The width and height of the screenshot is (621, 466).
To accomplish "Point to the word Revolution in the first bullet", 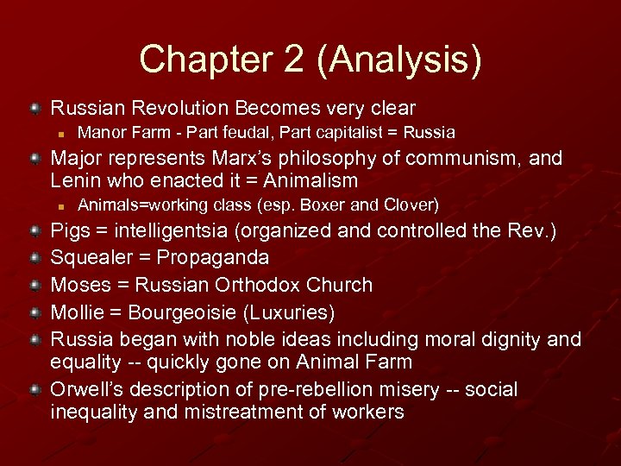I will click(180, 109).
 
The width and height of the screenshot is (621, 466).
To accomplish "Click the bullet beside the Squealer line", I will click(34, 258).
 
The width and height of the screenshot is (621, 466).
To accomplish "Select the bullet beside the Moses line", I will click(34, 285).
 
